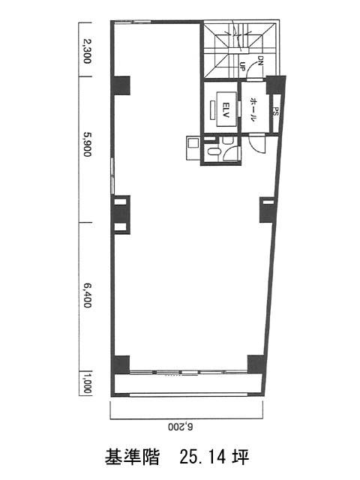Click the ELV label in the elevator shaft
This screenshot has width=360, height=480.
click(x=226, y=109)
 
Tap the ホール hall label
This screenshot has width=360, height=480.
click(x=253, y=109)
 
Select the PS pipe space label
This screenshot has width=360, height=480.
click(x=275, y=111)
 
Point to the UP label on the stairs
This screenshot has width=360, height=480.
click(x=242, y=66)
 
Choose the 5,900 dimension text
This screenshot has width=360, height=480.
click(x=88, y=143)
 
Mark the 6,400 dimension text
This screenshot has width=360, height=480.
click(x=88, y=295)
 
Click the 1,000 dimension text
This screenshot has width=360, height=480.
click(x=88, y=382)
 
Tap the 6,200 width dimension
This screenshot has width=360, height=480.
click(x=181, y=427)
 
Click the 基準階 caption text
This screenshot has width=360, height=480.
click(x=132, y=457)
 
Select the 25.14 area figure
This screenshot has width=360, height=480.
click(x=203, y=457)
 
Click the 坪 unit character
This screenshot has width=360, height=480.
click(x=241, y=457)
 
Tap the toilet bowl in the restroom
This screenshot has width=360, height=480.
click(x=213, y=151)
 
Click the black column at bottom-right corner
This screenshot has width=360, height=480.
click(x=256, y=364)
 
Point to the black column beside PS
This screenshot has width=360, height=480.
click(x=275, y=85)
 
